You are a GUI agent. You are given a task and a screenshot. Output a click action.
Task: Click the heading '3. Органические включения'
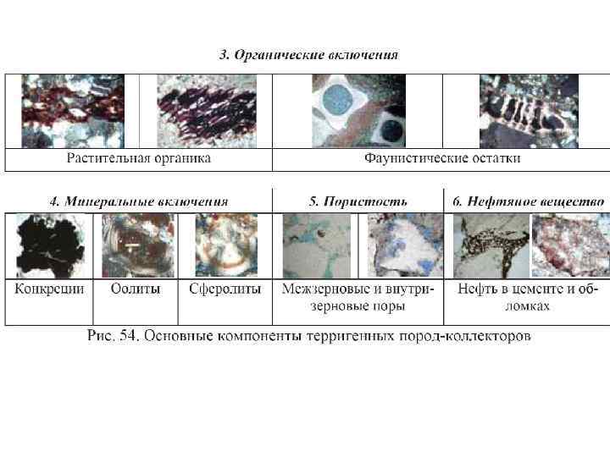click(308, 56)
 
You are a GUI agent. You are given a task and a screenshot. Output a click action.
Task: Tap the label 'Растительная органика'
click(139, 158)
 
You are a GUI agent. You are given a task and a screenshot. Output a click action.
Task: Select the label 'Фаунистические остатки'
click(442, 158)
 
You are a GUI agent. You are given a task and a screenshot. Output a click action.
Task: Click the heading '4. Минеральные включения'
click(138, 201)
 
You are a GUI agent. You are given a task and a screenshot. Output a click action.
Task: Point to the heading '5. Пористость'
click(358, 201)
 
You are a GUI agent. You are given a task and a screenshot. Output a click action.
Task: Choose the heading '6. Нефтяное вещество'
click(528, 201)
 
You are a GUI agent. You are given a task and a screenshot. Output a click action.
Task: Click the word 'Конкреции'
click(49, 289)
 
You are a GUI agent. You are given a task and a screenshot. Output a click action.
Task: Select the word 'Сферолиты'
click(225, 289)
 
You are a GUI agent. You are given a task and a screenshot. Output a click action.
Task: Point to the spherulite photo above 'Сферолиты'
click(226, 245)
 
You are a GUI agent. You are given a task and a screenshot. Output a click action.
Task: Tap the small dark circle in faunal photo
click(391, 129)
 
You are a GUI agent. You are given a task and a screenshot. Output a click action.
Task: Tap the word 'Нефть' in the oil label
click(477, 289)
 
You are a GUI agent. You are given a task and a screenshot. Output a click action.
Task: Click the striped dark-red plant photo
click(206, 111)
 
